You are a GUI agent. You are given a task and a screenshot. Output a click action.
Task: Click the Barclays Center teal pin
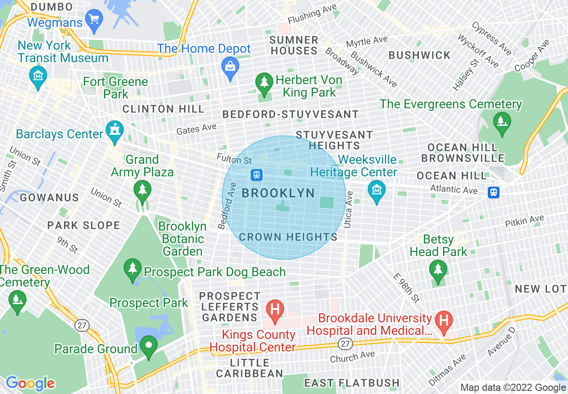pos(115,131)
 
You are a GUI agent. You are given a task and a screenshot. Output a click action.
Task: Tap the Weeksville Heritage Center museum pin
pos(377,190)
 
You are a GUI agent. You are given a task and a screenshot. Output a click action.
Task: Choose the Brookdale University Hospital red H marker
pos(444,321)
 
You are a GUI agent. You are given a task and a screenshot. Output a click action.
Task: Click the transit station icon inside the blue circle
pos(257,174)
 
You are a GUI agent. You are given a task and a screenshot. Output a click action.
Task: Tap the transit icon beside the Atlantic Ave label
pos(494,192)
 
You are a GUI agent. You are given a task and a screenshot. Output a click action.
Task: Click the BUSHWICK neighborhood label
pos(419,56)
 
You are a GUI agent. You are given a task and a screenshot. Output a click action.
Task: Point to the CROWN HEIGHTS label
pos(288,237)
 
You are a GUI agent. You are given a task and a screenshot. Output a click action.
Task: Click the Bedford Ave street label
pos(227,206)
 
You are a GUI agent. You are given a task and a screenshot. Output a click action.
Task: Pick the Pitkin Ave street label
pos(524,221)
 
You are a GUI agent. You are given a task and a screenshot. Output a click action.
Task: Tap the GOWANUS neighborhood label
pos(49,197)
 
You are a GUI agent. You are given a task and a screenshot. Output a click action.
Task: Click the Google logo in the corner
pos(30,383)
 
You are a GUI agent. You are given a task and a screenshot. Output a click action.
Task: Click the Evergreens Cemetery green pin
pos(500,121)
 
